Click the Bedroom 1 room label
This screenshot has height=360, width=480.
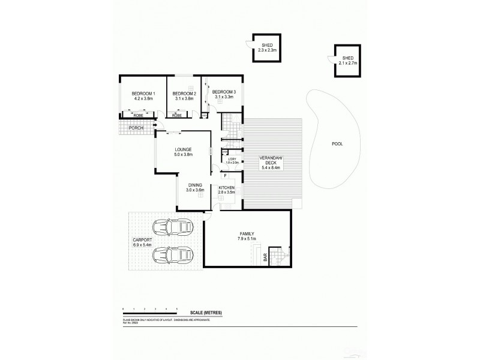tap(143, 94)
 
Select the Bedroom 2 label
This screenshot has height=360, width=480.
tap(184, 94)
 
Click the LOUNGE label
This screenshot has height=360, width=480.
tap(183, 150)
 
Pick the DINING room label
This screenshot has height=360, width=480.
tap(194, 185)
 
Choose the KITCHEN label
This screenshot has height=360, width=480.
tap(226, 188)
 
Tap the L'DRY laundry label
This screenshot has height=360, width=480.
tap(232, 158)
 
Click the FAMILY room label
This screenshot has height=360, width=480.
tap(247, 233)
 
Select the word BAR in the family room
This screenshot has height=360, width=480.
tap(265, 257)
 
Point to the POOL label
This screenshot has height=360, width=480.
tap(338, 145)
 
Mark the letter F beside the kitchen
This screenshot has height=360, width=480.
tap(225, 176)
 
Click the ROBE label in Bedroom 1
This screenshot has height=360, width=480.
tap(137, 114)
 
